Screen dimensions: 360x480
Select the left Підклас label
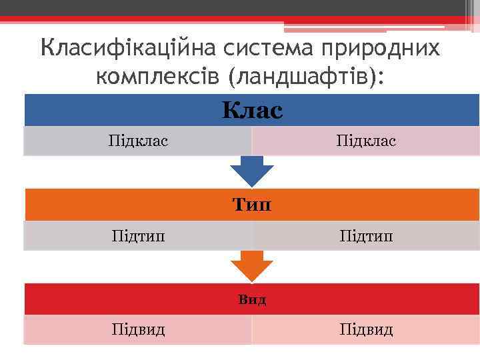click(138, 141)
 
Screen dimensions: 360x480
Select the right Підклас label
click(366, 141)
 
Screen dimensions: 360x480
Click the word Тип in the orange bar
click(252, 205)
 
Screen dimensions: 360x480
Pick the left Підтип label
click(138, 236)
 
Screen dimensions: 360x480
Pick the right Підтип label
click(366, 236)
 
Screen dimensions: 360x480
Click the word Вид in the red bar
click(252, 299)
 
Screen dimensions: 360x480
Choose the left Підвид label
click(138, 330)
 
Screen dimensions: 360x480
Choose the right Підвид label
click(366, 330)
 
